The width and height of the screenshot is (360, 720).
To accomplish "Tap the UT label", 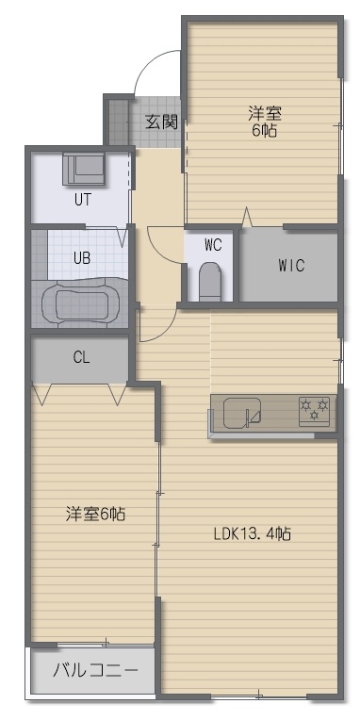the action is (83, 200).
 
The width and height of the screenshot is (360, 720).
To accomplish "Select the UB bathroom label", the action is (82, 257).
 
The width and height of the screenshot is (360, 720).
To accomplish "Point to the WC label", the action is (213, 245).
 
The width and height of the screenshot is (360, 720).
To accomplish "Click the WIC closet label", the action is (291, 266).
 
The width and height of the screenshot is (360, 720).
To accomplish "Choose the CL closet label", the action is (81, 358).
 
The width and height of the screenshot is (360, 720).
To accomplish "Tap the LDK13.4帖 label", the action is (252, 533).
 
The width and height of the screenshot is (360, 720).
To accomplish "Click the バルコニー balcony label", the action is (95, 671).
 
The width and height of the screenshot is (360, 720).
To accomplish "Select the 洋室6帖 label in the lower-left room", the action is (95, 514).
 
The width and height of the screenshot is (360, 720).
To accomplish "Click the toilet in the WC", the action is (210, 282).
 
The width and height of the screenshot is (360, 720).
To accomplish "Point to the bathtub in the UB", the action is (81, 303).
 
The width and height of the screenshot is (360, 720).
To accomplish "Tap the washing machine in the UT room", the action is (84, 169).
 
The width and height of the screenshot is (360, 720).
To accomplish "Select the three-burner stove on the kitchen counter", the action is (315, 411).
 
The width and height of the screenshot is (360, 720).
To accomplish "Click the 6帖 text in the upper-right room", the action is (265, 131).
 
